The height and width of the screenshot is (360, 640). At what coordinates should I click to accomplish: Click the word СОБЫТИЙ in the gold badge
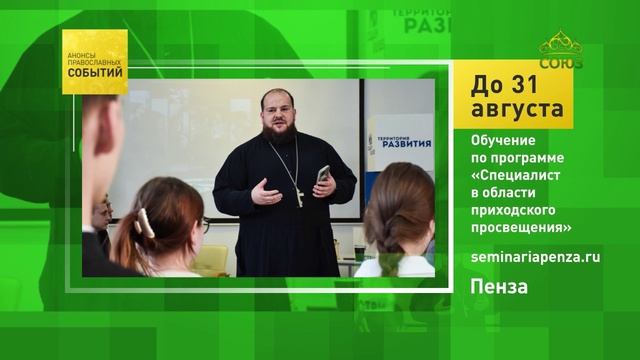point(95,73)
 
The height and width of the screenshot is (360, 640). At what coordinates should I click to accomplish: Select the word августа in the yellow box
point(517,109)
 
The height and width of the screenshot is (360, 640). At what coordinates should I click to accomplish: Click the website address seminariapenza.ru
point(536,258)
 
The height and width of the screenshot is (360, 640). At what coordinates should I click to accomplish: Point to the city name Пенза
point(499,287)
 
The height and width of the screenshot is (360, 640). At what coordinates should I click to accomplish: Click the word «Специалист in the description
point(516,176)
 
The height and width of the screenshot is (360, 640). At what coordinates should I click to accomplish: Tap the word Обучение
point(503,140)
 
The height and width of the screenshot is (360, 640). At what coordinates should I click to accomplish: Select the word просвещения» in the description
point(521,228)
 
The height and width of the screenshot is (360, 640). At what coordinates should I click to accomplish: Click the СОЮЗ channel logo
point(561,50)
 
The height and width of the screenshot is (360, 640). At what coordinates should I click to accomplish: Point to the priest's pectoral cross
point(300,198)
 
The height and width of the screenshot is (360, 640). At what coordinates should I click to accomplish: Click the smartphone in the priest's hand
point(323,174)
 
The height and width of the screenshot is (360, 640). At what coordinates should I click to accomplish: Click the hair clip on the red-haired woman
point(145,223)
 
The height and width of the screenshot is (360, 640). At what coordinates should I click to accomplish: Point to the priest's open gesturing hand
point(266,193)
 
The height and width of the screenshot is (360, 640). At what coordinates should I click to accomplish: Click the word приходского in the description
point(513,210)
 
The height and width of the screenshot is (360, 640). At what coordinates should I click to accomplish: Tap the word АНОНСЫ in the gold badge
point(81,55)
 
